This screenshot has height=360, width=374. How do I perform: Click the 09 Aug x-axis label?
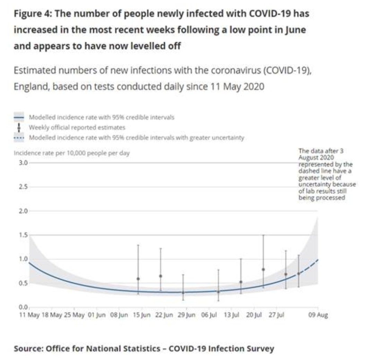coord(318,315)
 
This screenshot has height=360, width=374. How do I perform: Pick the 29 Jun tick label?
coord(187,315)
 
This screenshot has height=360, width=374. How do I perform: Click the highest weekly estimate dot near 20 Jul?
coord(263,269)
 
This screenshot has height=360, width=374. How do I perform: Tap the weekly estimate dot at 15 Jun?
coord(138,279)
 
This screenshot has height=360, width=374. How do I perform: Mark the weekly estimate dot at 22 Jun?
coord(160,276)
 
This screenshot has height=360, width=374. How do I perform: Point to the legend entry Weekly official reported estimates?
coord(77,128)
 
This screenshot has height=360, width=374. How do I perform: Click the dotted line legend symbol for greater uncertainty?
coord(20,138)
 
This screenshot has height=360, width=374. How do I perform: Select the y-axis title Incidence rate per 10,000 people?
coord(72,153)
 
